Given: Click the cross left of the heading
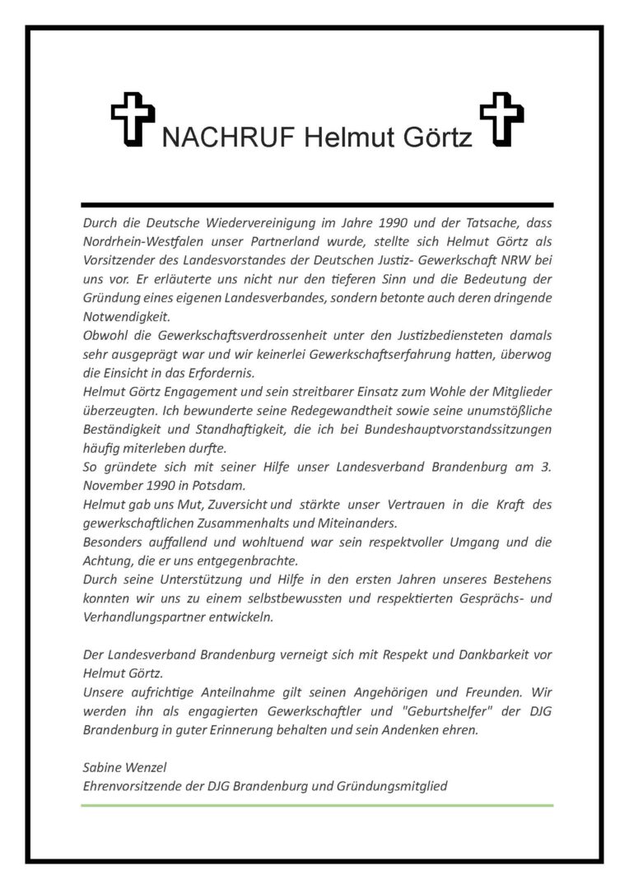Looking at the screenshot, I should click(x=133, y=119).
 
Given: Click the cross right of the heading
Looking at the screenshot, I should click(x=501, y=119).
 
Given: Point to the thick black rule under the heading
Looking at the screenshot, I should click(x=317, y=203).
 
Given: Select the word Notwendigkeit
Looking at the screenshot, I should click(x=124, y=317).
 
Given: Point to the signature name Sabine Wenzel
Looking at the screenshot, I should click(x=124, y=767).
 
